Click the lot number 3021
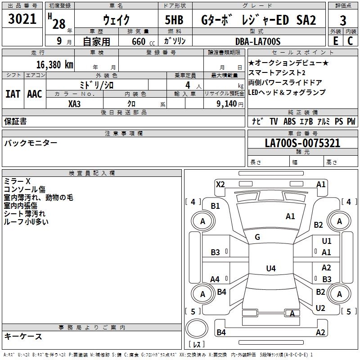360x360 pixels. [23, 20]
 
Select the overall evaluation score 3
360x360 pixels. [343, 20]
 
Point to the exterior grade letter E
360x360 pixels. [335, 41]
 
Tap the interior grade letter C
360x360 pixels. [350, 41]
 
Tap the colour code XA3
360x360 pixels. [75, 103]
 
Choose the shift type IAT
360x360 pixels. [13, 94]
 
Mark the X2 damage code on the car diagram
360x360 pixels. [220, 184]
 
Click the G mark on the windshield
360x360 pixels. [257, 237]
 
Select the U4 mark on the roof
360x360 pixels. [270, 269]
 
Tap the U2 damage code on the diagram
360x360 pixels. [320, 308]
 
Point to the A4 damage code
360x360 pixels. [215, 279]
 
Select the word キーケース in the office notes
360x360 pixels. [23, 336]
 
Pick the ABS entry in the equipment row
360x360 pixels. [289, 121]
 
